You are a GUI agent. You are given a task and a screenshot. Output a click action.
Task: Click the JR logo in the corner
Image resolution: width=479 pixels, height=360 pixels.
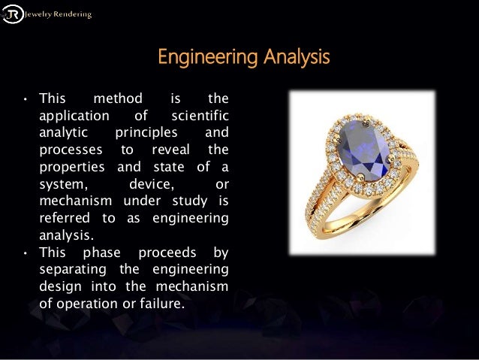(13, 13)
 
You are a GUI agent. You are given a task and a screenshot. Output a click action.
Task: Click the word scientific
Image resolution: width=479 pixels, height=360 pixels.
(199, 116)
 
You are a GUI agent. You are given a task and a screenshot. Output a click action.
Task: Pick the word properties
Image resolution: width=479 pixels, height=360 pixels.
(73, 166)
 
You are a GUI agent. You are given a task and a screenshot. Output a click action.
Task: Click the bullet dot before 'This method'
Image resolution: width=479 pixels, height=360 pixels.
(25, 98)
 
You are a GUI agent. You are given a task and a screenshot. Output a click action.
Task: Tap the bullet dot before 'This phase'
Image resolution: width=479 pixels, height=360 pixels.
(25, 253)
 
